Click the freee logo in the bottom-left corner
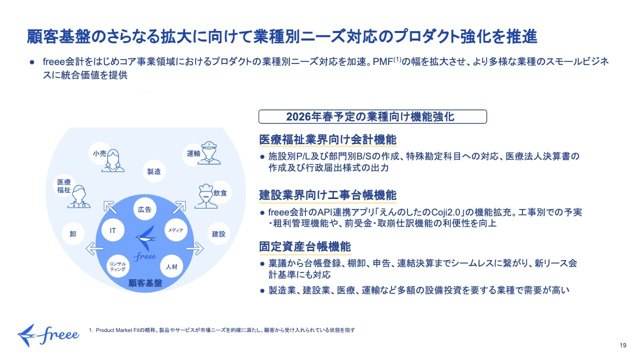(x=48, y=334)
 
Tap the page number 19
(x=622, y=345)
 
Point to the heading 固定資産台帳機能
(x=304, y=246)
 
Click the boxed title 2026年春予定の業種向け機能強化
(x=372, y=116)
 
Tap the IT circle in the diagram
(x=112, y=230)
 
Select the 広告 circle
(x=144, y=209)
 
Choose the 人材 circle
(x=171, y=266)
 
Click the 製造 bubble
(x=154, y=171)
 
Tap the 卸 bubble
(x=73, y=233)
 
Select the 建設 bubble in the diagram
(x=218, y=233)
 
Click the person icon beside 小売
(x=113, y=159)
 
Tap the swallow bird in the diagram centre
(x=146, y=238)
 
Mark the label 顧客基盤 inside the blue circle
(x=145, y=282)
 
